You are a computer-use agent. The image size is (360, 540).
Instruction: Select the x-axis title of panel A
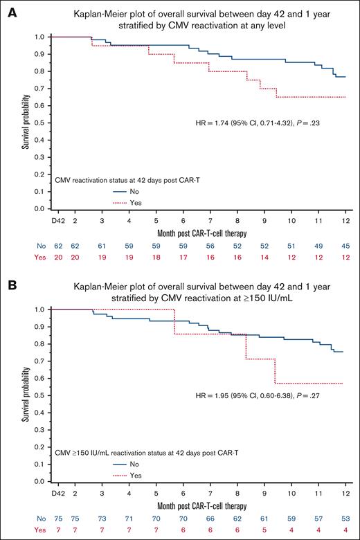coord(199,231)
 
